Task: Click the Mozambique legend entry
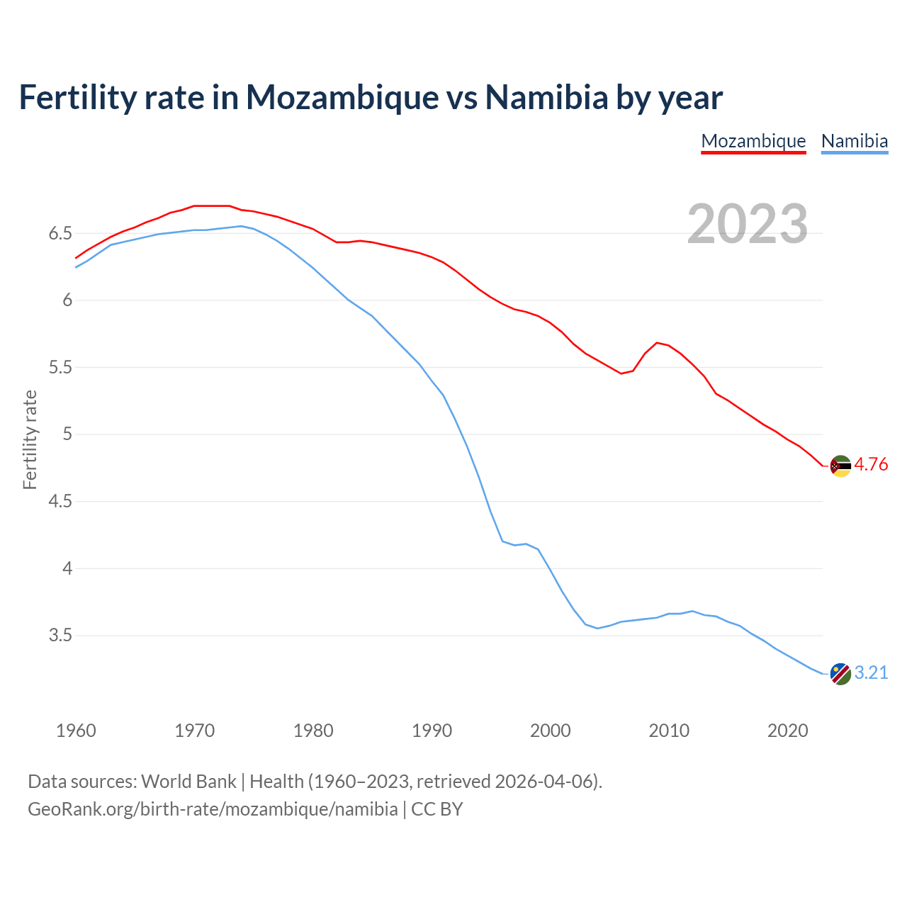click(x=753, y=141)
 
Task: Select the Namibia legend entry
click(x=854, y=141)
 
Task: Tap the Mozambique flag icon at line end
click(x=840, y=466)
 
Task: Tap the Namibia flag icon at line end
click(x=840, y=674)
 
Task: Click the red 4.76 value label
click(x=871, y=465)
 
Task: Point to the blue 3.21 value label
click(x=871, y=673)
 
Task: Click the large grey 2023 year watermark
click(x=748, y=224)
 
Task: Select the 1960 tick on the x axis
click(x=76, y=731)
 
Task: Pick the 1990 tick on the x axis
click(x=432, y=731)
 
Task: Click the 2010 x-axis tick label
click(x=669, y=731)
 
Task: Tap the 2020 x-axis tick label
click(x=787, y=731)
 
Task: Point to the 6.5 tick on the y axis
click(x=60, y=234)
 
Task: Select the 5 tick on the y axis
click(x=68, y=434)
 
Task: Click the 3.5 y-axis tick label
click(x=60, y=636)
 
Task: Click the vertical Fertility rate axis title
click(x=30, y=439)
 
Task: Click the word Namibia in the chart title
click(x=546, y=98)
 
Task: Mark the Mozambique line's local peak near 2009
click(x=657, y=342)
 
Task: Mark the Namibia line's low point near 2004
click(x=597, y=628)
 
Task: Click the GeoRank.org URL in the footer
click(x=213, y=809)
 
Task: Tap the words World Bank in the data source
click(x=188, y=782)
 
